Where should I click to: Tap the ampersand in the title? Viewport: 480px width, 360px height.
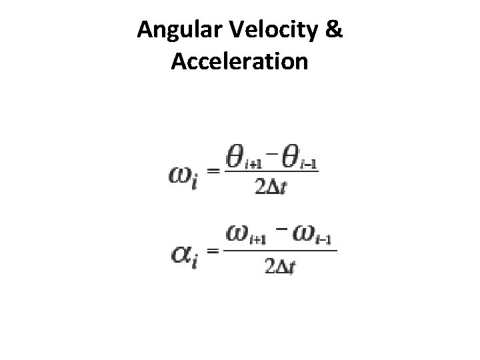(335, 31)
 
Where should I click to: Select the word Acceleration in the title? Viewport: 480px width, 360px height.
(240, 61)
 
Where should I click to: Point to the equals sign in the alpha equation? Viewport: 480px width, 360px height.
(213, 251)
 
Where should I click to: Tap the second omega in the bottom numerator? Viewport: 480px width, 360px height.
(305, 233)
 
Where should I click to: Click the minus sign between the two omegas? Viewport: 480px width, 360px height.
(282, 229)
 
